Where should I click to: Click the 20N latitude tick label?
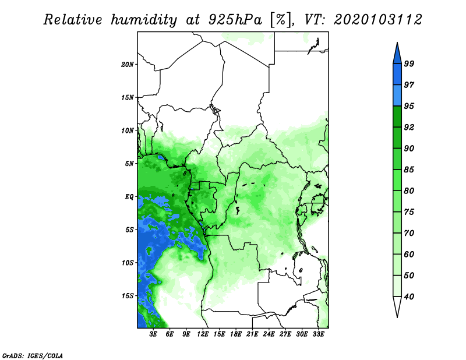coord(128,65)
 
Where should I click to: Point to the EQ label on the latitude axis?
coord(129,197)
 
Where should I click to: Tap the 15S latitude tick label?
coord(128,296)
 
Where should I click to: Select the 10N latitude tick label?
coord(128,130)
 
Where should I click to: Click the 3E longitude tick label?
coord(153,334)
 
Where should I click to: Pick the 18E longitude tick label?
coord(236,334)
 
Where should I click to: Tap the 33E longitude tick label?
coord(318,334)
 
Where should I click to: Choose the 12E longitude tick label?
coord(203,334)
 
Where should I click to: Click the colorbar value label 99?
coord(409,63)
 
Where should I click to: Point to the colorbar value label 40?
coord(409,297)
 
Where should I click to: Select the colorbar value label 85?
coord(409,170)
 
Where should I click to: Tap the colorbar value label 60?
coord(409,254)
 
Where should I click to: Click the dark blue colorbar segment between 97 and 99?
coord(397,75)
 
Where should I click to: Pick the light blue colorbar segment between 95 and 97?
coord(397,96)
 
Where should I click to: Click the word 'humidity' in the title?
coord(144,20)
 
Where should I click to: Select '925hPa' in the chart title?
coord(235,20)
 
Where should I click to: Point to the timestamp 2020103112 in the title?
coord(377,20)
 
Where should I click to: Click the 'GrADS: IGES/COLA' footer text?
coord(33,355)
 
